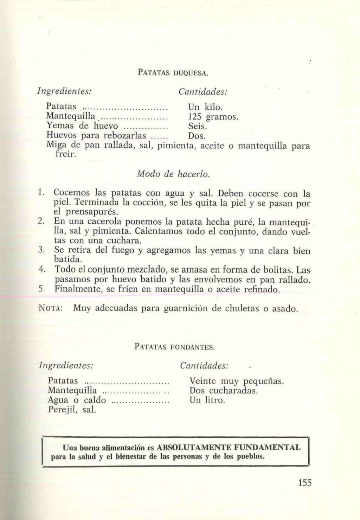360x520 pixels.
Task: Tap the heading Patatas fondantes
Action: pyautogui.click(x=174, y=347)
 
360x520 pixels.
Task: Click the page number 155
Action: pyautogui.click(x=305, y=482)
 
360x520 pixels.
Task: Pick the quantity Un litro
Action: pyautogui.click(x=207, y=400)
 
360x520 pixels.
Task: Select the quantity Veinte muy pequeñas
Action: pyautogui.click(x=237, y=381)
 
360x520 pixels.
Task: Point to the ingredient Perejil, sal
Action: pyautogui.click(x=72, y=410)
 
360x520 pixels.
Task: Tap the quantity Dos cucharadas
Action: pyautogui.click(x=224, y=391)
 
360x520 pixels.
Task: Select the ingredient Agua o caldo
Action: pyautogui.click(x=77, y=400)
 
